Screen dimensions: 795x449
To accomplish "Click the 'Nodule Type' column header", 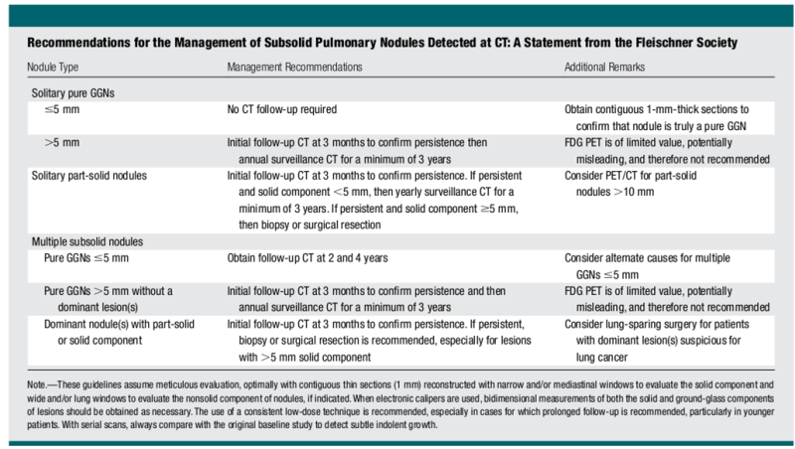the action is (53, 67).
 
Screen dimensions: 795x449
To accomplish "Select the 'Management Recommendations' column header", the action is (294, 67).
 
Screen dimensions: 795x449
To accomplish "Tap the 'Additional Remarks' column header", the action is (605, 67).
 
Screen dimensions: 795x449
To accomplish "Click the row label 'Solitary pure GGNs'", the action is (73, 93).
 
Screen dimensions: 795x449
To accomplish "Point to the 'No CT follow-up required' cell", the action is (282, 109).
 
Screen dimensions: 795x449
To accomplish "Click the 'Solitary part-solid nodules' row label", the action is (89, 176).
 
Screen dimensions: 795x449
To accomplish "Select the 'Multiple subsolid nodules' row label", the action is (87, 241).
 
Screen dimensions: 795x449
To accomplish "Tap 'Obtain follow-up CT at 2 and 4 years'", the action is (307, 258).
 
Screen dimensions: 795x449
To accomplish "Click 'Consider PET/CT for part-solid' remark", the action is (631, 176).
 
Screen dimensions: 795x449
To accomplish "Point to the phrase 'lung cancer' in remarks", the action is (602, 358).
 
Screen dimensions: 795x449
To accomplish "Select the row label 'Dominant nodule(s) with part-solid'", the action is (119, 325).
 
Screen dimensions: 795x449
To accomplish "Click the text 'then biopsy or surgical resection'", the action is (310, 225).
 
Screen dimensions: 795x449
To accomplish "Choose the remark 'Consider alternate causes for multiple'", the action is (648, 258).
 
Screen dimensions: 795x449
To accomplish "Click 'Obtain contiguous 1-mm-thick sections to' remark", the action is (657, 109).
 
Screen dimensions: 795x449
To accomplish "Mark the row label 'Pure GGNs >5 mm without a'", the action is (108, 291).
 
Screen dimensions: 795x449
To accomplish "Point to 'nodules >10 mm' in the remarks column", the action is (615, 192).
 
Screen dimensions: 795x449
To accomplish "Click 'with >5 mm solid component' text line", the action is (305, 358).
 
